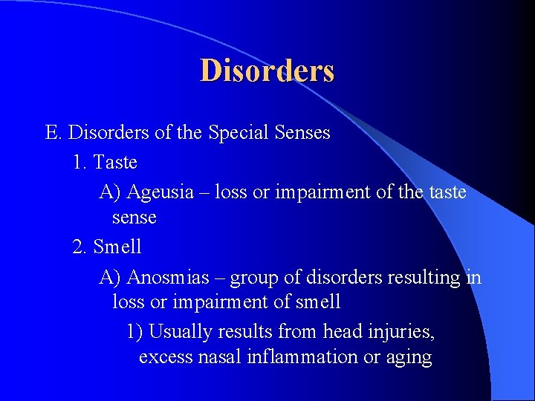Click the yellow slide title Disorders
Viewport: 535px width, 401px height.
(x=267, y=71)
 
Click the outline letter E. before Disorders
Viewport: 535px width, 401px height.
(x=53, y=133)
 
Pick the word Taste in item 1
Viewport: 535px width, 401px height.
(x=115, y=161)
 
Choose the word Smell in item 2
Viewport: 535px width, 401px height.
(x=117, y=246)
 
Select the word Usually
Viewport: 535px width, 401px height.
(x=181, y=331)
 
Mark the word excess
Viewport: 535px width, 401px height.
(x=166, y=357)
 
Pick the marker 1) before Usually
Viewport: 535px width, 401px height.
(x=134, y=331)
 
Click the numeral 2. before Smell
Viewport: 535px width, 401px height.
(x=80, y=246)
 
